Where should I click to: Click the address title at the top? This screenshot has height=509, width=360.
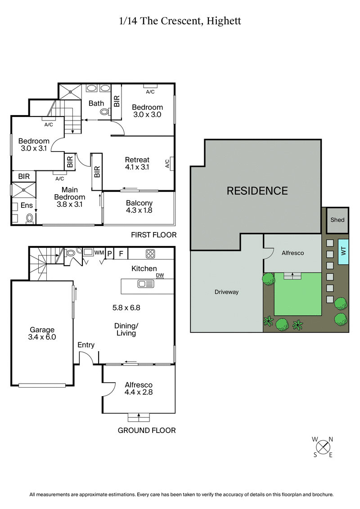point(180,21)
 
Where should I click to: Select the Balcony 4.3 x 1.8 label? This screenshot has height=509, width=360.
point(139,206)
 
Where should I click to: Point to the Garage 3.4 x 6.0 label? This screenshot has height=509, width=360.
point(42,333)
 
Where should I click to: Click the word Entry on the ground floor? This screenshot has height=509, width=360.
point(86,345)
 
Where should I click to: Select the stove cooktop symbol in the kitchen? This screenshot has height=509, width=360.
point(150,254)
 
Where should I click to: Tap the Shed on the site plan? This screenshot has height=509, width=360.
point(337,220)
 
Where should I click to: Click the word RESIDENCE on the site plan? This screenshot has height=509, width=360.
point(257,191)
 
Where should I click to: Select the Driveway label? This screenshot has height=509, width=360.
point(226,292)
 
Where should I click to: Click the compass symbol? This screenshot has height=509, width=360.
point(323,447)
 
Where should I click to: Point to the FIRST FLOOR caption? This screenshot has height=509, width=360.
point(153,235)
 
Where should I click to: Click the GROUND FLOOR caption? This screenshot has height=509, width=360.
point(147,430)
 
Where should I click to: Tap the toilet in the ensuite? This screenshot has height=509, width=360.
point(30,219)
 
